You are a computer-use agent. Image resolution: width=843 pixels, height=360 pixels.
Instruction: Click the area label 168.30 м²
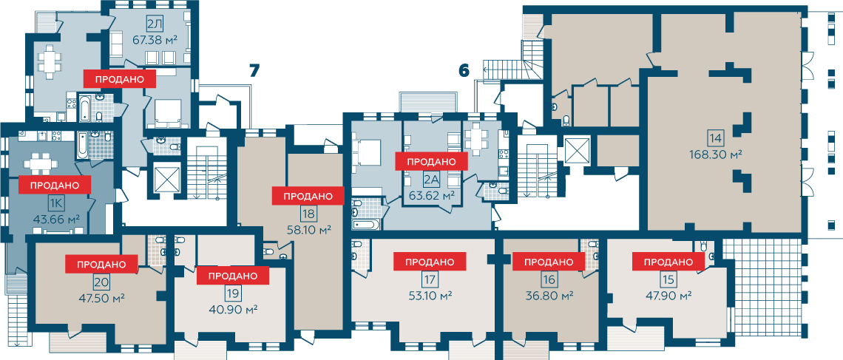(716, 154)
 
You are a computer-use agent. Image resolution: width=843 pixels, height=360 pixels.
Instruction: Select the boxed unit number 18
(308, 214)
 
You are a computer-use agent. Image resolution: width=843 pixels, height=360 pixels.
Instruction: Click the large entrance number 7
(254, 71)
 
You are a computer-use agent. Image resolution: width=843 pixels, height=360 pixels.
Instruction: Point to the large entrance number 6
(464, 70)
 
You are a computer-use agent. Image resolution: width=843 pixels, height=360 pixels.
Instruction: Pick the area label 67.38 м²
(155, 39)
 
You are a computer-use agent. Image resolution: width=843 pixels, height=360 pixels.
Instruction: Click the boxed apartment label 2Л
(155, 24)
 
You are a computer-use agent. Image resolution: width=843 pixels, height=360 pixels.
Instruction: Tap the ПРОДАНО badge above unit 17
(430, 262)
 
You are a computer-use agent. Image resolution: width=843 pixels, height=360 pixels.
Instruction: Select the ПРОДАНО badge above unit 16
(549, 262)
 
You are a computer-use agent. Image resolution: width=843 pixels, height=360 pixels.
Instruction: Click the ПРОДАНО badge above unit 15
(668, 262)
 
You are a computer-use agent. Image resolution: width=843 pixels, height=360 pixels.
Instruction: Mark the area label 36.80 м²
(549, 296)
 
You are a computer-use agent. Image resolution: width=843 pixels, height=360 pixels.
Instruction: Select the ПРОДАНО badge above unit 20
(101, 264)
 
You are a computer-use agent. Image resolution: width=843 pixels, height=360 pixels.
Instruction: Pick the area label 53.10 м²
(429, 296)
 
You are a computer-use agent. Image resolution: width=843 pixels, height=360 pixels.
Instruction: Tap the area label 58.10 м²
(308, 229)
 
